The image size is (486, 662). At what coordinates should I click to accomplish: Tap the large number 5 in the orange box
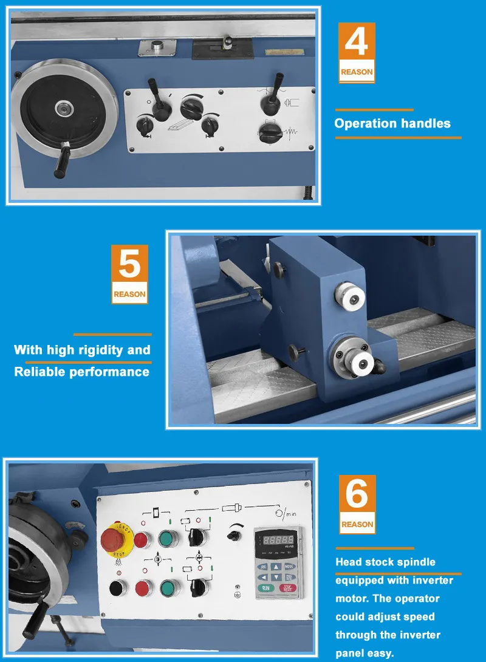[x=129, y=266]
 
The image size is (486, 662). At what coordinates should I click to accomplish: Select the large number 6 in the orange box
[x=357, y=495]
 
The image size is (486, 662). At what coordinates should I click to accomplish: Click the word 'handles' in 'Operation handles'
[x=425, y=123]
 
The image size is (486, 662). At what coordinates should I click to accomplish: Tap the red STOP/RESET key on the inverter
[x=287, y=588]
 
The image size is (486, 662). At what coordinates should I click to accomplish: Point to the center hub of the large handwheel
[x=63, y=109]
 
